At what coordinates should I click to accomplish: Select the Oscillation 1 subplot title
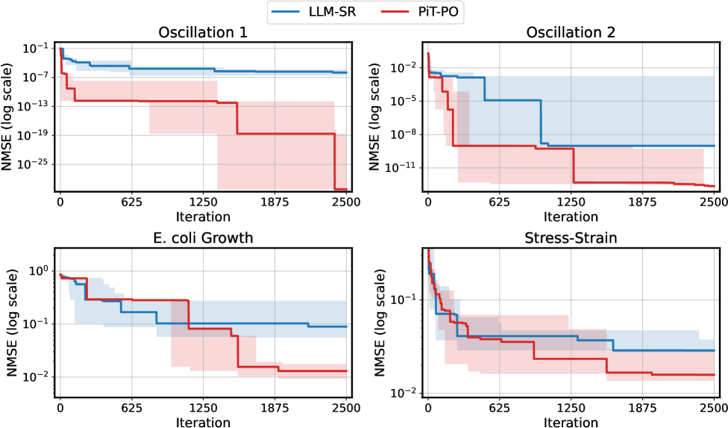[203, 34]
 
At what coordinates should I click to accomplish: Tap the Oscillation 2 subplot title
[571, 34]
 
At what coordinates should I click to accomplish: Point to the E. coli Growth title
[203, 239]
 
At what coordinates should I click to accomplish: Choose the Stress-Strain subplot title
[571, 239]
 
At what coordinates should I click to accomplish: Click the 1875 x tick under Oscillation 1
[274, 202]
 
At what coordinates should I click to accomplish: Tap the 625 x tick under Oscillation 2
[499, 202]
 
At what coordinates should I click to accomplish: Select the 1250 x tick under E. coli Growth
[203, 409]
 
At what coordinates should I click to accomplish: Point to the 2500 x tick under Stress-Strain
[714, 409]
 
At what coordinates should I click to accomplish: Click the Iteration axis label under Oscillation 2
[571, 217]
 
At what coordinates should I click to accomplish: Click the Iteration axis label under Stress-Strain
[571, 422]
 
